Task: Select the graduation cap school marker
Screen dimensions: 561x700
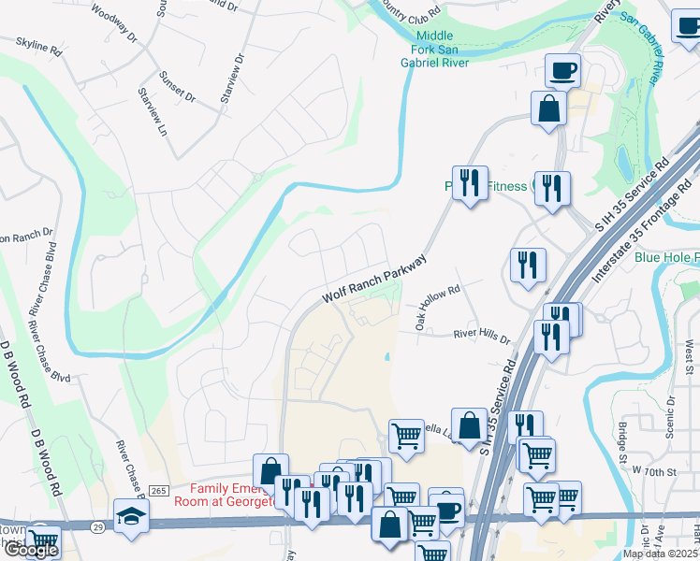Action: (131, 515)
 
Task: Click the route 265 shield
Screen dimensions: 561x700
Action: (157, 491)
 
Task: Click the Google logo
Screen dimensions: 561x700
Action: (30, 550)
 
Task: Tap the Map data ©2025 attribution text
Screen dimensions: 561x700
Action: (660, 554)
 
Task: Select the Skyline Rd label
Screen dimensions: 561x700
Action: (39, 47)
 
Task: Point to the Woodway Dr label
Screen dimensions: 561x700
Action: (114, 25)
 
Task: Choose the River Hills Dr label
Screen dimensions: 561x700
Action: (482, 337)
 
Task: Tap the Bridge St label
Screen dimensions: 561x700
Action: (622, 440)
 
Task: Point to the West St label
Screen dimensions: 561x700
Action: (689, 355)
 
